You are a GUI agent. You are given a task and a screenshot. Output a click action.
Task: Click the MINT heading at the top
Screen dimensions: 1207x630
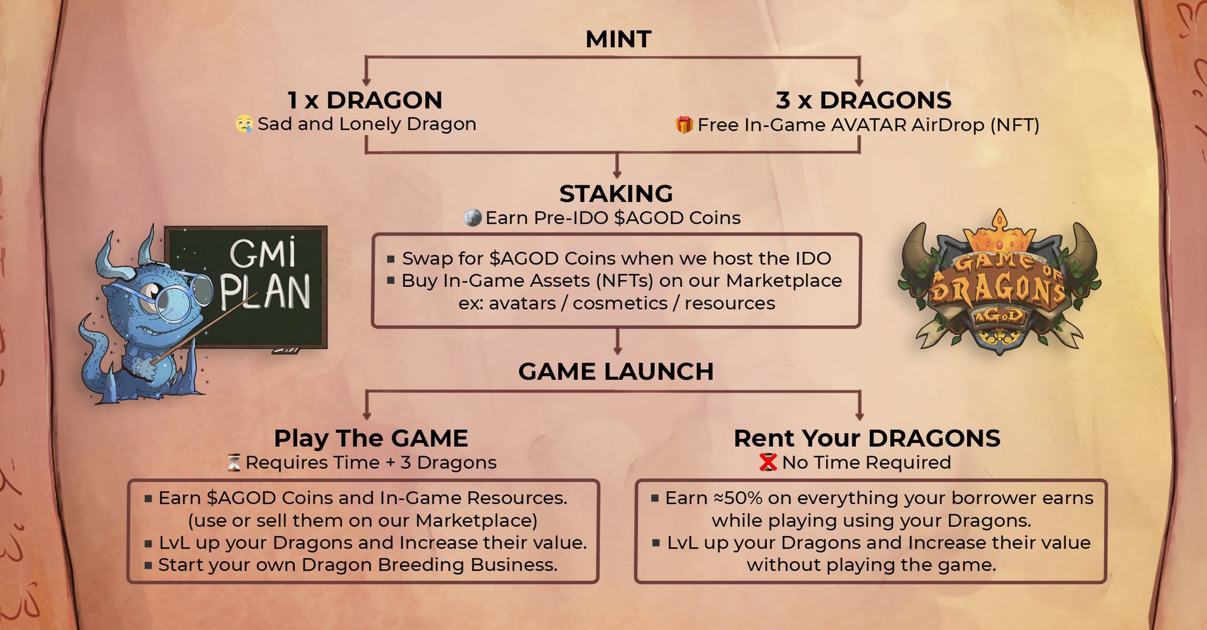[x=618, y=39]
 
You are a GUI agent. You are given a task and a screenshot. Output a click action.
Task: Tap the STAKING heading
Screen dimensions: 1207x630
[x=616, y=194]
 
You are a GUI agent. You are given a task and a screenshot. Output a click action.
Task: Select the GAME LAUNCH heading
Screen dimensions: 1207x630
[x=616, y=372]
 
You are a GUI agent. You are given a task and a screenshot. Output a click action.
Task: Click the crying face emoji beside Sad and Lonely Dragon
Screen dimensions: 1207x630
[x=244, y=124]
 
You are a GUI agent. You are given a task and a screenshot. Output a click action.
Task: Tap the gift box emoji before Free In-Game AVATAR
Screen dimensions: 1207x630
[x=684, y=125]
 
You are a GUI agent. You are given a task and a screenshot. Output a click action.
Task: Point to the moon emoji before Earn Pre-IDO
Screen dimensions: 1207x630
[x=473, y=218]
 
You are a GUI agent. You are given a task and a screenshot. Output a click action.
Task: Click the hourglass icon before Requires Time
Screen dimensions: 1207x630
[x=235, y=463]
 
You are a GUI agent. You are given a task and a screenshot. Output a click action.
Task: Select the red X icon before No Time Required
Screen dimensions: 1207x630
[x=768, y=463]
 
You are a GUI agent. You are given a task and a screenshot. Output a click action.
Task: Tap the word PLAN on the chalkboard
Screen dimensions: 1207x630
[x=266, y=292]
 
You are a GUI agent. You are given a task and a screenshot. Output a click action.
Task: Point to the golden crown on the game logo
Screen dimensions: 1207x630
[x=1000, y=233]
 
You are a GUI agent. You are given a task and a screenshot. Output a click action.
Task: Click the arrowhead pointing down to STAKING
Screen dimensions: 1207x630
[x=617, y=174]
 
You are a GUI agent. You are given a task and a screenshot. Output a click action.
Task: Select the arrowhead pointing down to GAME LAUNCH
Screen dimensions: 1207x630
[x=617, y=350]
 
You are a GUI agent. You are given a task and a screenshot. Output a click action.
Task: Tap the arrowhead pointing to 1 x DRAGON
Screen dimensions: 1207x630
[x=366, y=82]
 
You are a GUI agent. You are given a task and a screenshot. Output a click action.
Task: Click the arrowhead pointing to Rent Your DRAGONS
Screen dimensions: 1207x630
[x=859, y=415]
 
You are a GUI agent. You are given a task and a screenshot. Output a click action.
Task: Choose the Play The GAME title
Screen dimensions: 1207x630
[x=371, y=439]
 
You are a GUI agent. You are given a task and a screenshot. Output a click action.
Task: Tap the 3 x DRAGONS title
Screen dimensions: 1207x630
[x=863, y=100]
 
